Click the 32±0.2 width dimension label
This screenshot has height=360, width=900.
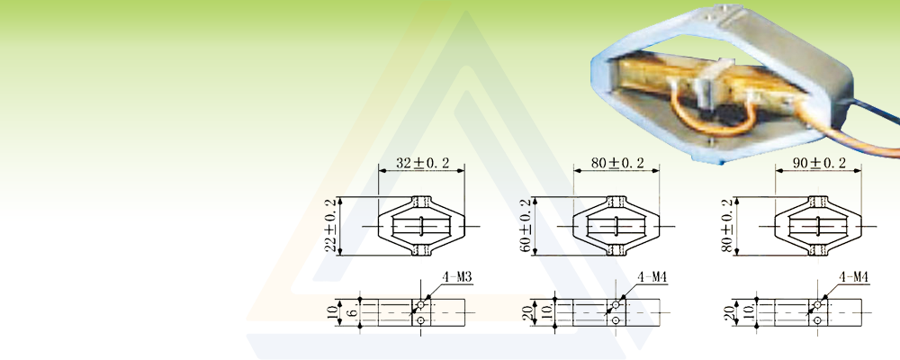[x=421, y=163]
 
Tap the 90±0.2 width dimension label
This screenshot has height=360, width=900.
[x=819, y=163]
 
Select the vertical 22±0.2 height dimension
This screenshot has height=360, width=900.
[x=330, y=226]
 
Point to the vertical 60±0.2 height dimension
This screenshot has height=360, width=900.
[x=526, y=226]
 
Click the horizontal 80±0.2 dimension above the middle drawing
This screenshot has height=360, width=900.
[x=617, y=163]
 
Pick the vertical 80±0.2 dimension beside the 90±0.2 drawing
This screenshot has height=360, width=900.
[x=726, y=226]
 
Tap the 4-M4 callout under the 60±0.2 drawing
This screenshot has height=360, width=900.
[x=652, y=278]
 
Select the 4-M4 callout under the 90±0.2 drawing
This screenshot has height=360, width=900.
[x=853, y=278]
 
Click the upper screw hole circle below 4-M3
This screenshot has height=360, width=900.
[x=420, y=304]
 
